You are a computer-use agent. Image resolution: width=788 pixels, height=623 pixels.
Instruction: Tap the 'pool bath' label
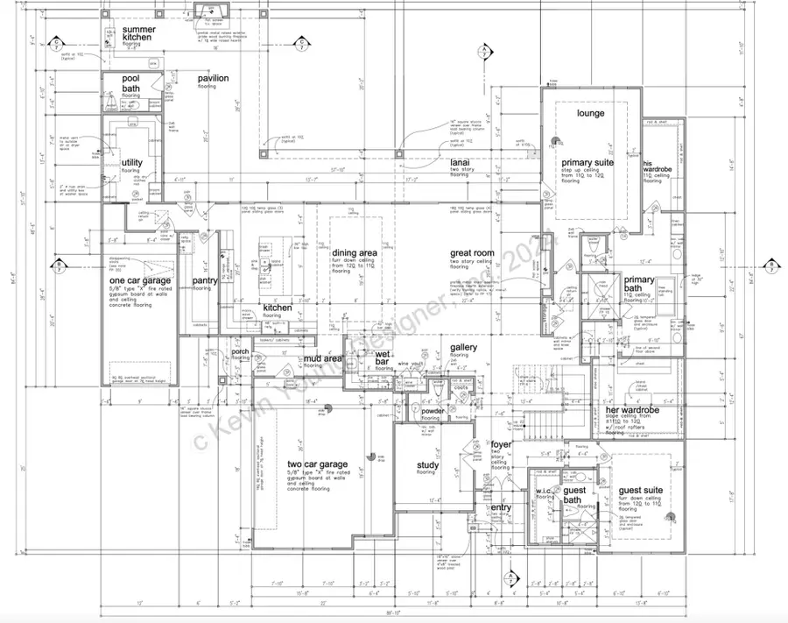pyautogui.click(x=131, y=84)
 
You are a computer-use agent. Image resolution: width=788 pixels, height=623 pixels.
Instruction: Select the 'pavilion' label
pyautogui.click(x=213, y=79)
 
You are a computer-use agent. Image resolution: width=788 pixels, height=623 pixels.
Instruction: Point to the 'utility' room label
pyautogui.click(x=132, y=162)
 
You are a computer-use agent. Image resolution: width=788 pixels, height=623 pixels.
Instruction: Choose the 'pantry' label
pyautogui.click(x=206, y=280)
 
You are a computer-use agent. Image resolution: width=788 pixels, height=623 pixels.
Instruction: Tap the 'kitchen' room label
pyautogui.click(x=278, y=308)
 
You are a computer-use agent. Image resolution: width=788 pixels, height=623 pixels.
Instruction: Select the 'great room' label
pyautogui.click(x=472, y=253)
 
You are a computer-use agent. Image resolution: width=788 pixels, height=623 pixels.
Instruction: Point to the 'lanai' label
pyautogui.click(x=461, y=163)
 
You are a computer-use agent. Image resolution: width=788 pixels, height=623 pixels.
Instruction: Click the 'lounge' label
pyautogui.click(x=591, y=114)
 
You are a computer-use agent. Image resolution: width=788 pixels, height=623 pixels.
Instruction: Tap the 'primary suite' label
pyautogui.click(x=587, y=162)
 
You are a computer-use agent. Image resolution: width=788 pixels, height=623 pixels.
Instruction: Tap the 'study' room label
pyautogui.click(x=426, y=465)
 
